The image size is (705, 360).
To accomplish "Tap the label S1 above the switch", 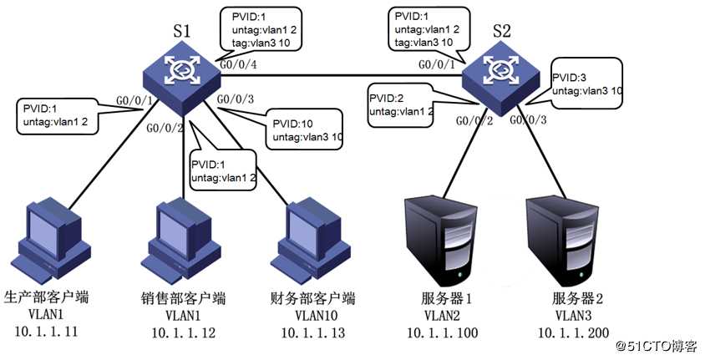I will tap(182, 32).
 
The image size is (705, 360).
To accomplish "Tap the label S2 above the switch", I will tap(502, 32).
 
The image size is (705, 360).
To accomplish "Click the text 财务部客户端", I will tap(313, 298).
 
